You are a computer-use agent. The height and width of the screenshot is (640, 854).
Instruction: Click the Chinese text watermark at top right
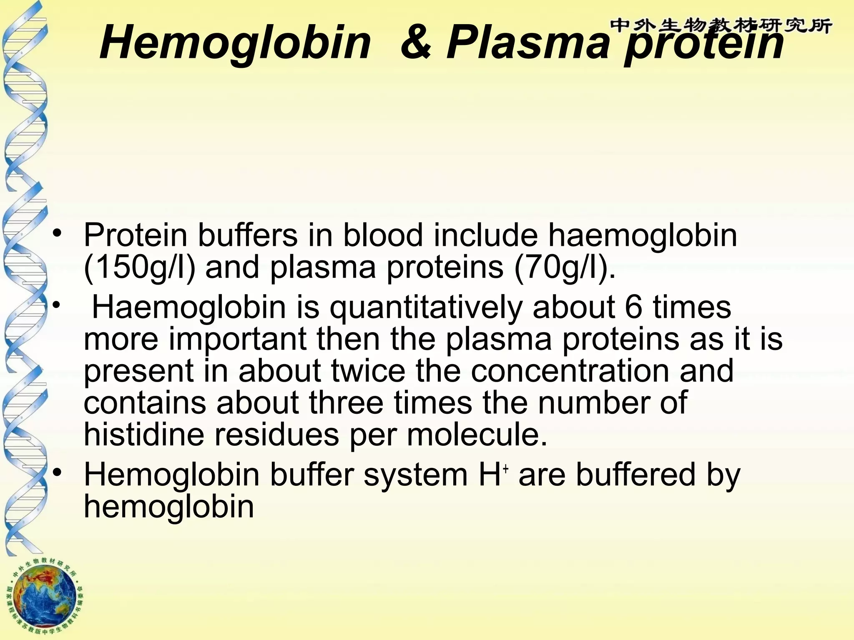click(721, 26)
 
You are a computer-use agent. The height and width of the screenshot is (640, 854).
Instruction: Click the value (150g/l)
click(139, 267)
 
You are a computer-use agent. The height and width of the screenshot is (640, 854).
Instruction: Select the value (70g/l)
click(565, 267)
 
